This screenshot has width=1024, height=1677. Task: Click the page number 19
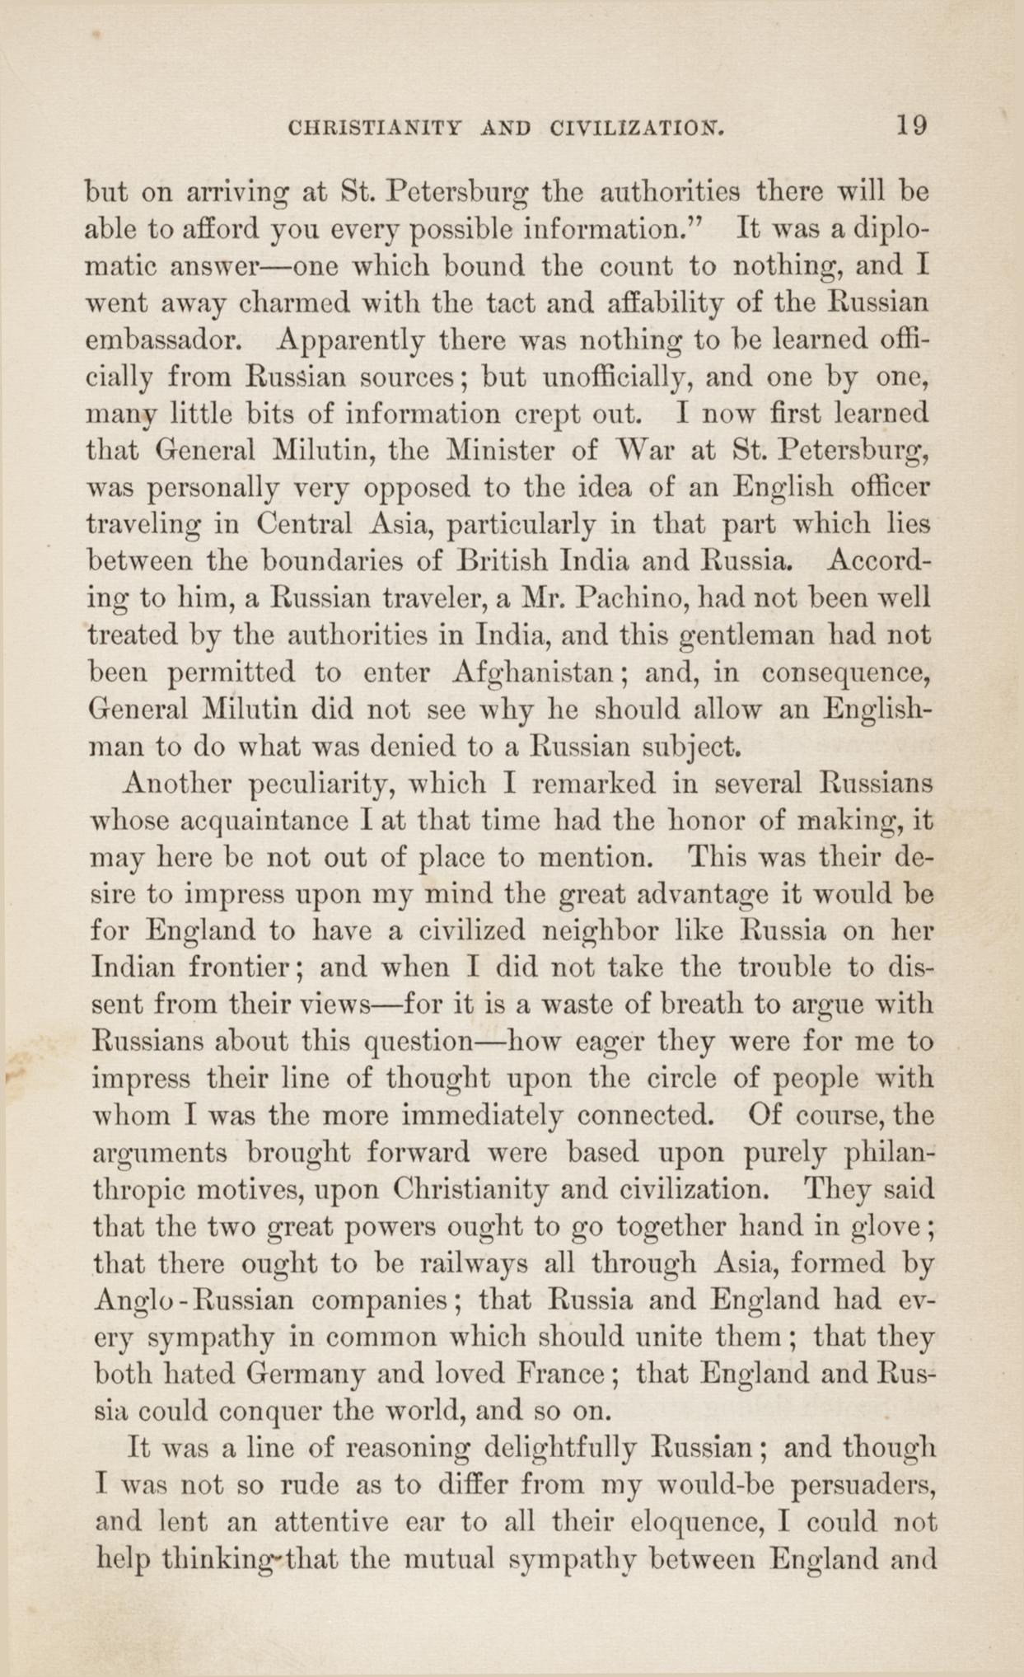coord(912,126)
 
